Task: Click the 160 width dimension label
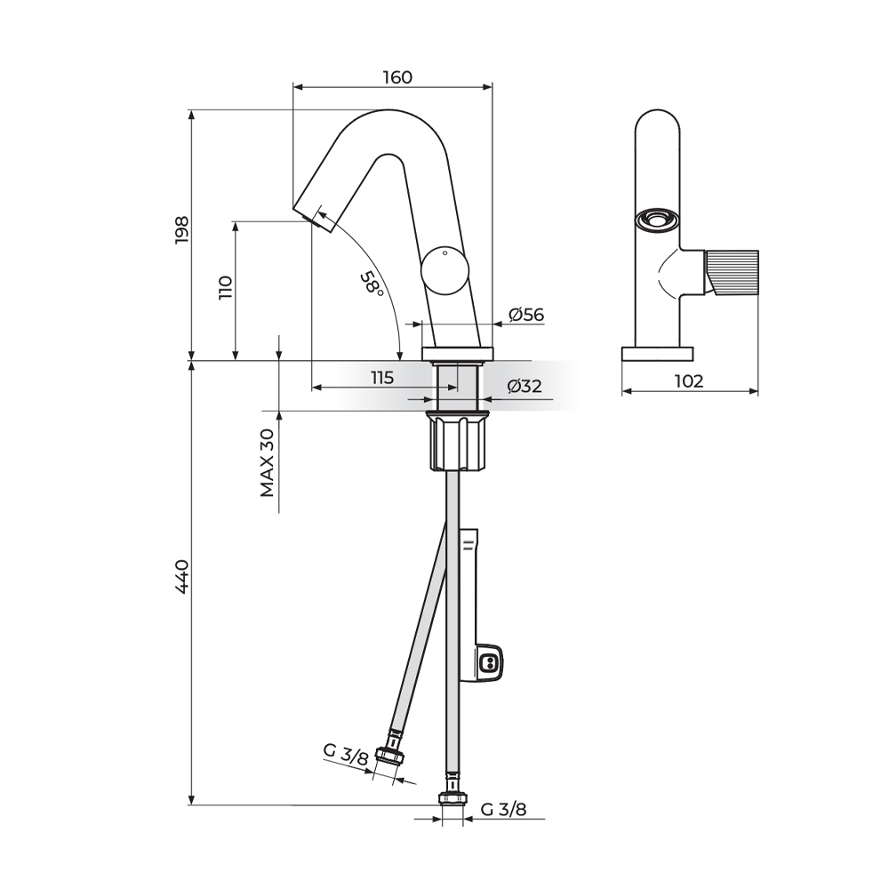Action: (x=397, y=77)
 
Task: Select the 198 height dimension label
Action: (x=182, y=229)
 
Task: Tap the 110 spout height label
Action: (x=226, y=287)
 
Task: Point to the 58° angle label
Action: (x=372, y=283)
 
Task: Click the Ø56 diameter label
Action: (x=526, y=315)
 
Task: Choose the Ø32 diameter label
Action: (x=525, y=387)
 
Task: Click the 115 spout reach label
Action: (x=382, y=378)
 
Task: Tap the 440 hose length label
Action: (x=182, y=577)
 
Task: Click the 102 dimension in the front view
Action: (x=690, y=381)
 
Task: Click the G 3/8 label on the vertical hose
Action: (x=503, y=809)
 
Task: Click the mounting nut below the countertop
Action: (x=459, y=441)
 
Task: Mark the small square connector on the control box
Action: (x=488, y=662)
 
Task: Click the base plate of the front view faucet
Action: (x=658, y=355)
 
